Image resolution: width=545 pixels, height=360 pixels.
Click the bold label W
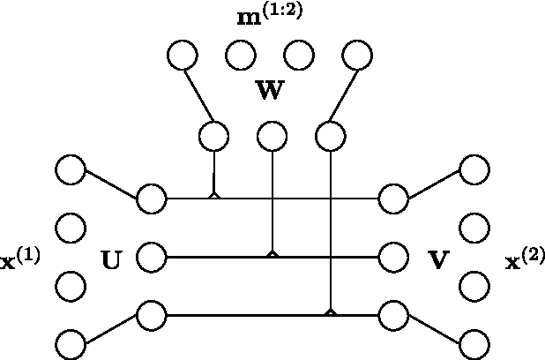(270, 92)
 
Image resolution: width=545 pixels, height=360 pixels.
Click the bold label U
(112, 259)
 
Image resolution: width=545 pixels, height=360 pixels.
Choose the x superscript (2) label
(525, 260)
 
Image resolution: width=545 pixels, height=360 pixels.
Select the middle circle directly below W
(272, 136)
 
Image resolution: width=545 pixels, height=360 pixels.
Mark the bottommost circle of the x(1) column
(69, 342)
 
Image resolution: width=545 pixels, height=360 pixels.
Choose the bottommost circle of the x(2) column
(474, 342)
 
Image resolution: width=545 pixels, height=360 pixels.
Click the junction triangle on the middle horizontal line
(272, 253)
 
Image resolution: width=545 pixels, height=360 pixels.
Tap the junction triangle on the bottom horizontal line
(330, 311)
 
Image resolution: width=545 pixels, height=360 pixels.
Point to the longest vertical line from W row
(330, 229)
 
